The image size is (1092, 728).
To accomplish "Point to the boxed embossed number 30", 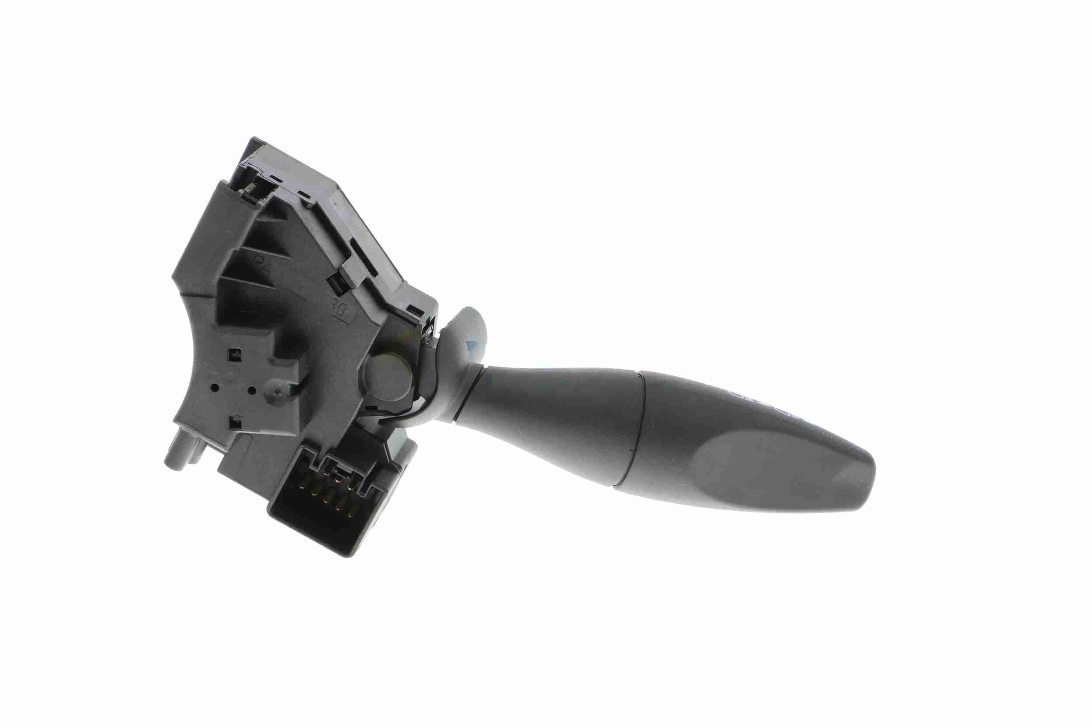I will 344,311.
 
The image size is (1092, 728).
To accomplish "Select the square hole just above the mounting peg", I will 236,423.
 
